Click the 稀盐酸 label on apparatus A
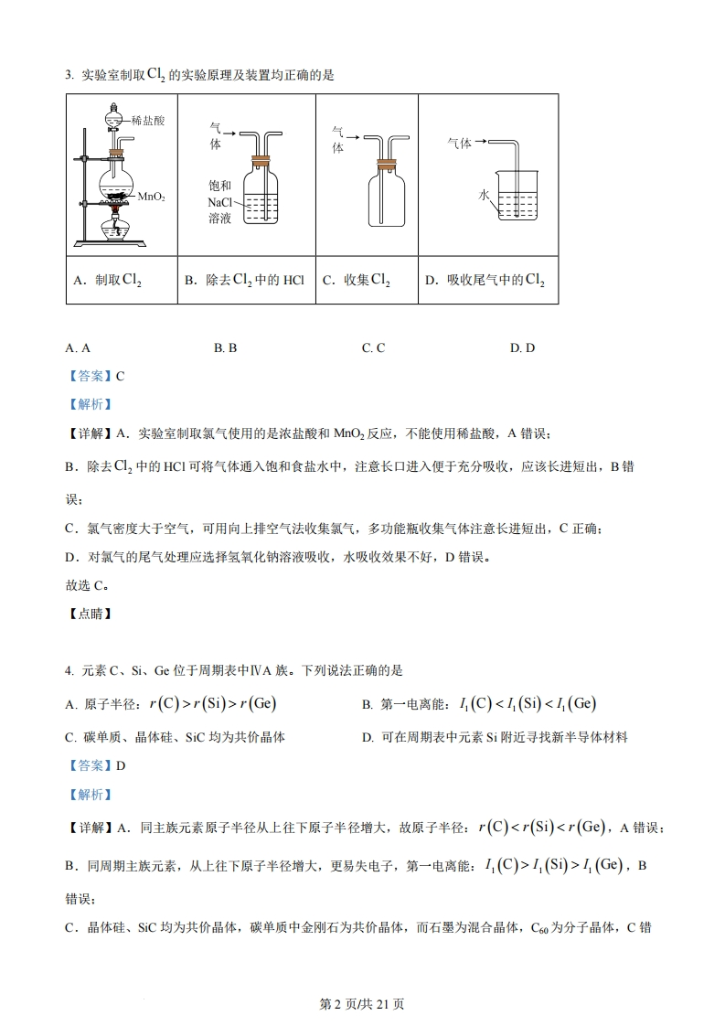point(147,120)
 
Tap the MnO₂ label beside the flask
point(151,197)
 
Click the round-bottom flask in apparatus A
point(116,173)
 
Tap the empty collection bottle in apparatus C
point(387,197)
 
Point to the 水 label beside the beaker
point(484,196)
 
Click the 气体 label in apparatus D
point(459,143)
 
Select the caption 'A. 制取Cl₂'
point(107,282)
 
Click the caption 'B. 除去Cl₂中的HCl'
point(243,281)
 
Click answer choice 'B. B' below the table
point(225,347)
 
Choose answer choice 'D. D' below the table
point(522,347)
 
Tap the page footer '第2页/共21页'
point(361,1003)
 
